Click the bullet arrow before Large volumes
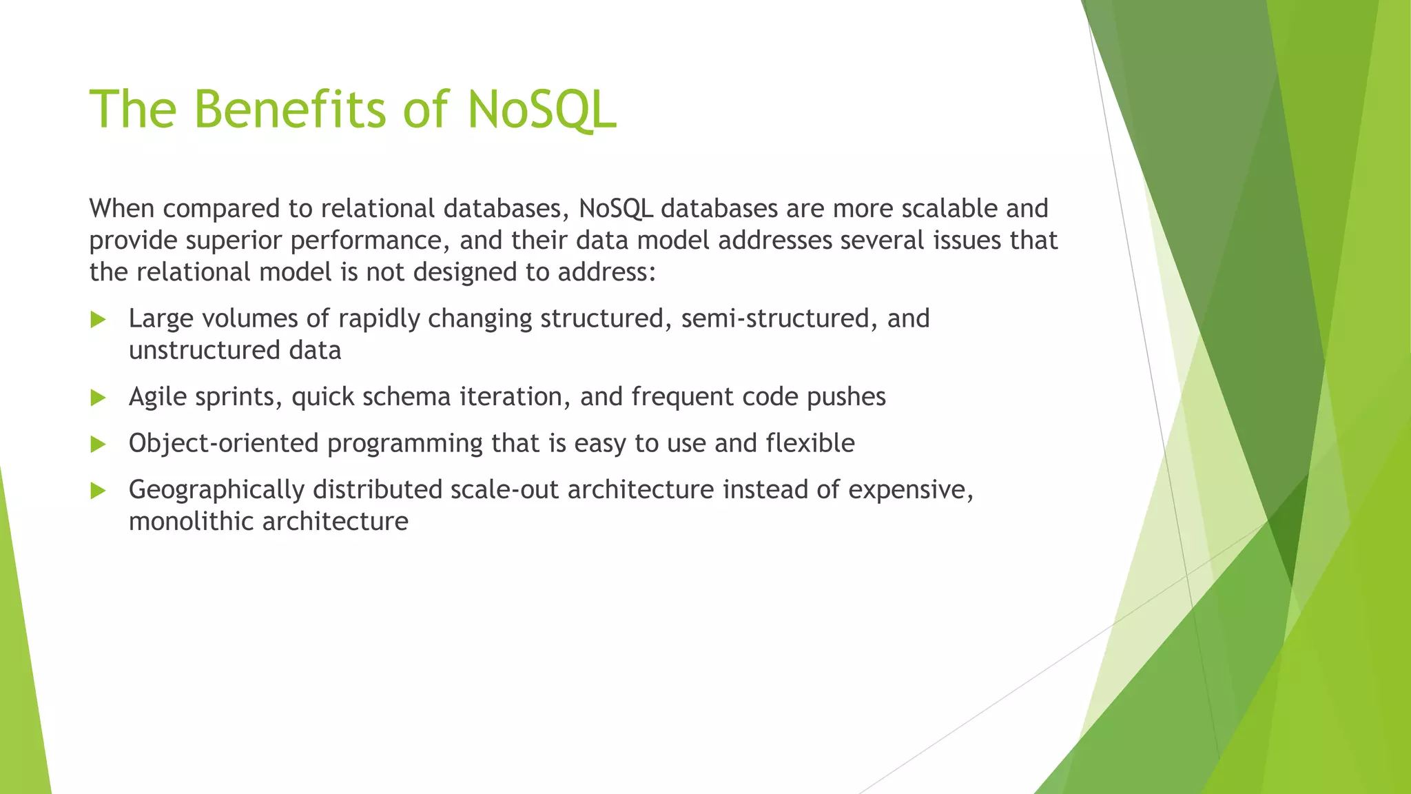[x=98, y=319]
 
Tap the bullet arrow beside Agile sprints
[x=98, y=398]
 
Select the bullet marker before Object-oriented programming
[x=98, y=445]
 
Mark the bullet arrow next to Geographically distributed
[x=98, y=491]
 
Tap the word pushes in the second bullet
[x=846, y=397]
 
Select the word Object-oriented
[x=223, y=443]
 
